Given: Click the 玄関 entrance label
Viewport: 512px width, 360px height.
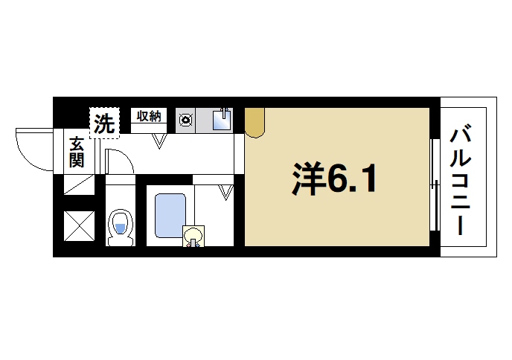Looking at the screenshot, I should point(77,152).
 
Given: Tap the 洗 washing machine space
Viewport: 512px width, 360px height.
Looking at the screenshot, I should point(104,123).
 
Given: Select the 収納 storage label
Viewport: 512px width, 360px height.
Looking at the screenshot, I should point(149,115).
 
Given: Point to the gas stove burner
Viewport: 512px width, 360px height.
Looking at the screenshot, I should point(185,119).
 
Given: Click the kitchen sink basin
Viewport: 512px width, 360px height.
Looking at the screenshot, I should point(222,120).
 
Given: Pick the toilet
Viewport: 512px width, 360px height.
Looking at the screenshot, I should point(119,228).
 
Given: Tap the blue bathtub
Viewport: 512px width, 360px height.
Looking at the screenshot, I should point(170,216).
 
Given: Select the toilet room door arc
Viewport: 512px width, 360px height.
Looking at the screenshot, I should point(119,161).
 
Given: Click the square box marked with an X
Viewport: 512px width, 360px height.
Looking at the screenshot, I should point(78,226).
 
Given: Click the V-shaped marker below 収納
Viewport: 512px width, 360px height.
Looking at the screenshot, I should point(160,141).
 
